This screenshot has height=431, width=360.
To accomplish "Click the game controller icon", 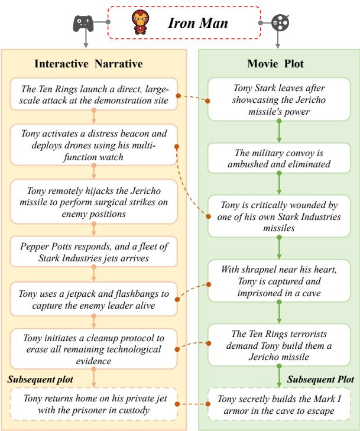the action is point(83,23).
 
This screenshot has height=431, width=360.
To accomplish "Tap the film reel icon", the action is point(280,22).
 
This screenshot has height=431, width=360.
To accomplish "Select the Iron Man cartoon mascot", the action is point(140,22).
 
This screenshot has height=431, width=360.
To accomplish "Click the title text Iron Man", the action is point(198,23).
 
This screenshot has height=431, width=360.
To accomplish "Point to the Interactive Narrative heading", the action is point(89,64).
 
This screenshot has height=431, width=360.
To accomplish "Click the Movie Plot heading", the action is point(275,64).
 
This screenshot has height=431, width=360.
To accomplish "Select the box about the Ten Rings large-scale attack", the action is point(94,94).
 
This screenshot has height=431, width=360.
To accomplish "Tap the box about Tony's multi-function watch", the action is point(94,145).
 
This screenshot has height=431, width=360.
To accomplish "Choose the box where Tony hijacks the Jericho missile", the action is point(94,202).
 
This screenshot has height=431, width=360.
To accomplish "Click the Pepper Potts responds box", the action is point(94,252).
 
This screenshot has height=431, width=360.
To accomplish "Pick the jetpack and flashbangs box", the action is point(94,299).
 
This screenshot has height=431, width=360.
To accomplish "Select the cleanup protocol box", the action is point(94,349).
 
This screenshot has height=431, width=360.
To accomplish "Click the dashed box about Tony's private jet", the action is point(94,404).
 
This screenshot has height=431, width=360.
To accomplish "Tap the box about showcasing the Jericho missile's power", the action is point(279,99).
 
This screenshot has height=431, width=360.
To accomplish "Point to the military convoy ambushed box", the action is point(279,158).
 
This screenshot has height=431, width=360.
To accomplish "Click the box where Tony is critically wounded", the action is point(279,216).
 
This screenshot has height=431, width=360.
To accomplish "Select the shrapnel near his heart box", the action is point(279,281).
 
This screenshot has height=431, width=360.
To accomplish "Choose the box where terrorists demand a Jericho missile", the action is point(279,345).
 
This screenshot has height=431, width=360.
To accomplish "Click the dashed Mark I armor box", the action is point(279,404).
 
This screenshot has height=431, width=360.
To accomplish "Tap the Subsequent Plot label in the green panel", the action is point(320,380).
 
